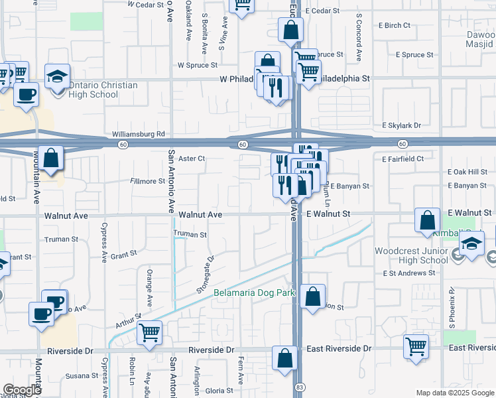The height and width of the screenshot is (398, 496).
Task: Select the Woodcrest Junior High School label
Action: coord(411,255)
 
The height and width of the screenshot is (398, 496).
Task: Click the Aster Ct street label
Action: coord(192,159)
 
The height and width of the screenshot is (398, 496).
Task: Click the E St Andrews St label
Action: coord(407,273)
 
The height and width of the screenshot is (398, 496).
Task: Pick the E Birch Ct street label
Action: coord(395,25)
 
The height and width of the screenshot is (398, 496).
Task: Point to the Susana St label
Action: coord(83,375)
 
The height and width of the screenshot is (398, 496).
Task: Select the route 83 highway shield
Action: coord(300,387)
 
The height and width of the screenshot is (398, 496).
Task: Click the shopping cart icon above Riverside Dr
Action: coord(150,333)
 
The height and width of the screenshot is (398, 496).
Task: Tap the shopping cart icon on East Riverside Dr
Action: coord(416,346)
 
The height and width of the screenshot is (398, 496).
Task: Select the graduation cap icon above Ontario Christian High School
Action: coord(58,74)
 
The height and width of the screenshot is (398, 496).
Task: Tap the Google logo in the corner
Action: coord(23,390)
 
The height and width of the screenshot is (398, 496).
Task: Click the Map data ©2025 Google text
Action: coord(455,393)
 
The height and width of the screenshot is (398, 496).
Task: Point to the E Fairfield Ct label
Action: coord(403,159)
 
